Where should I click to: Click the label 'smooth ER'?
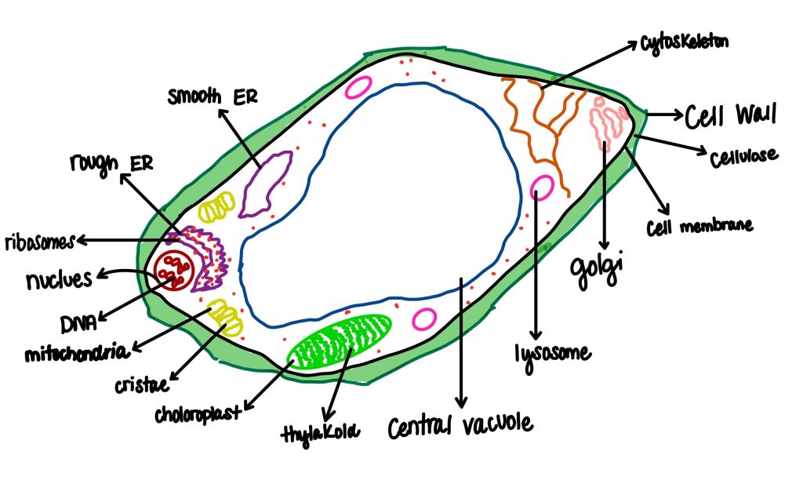coord(213,96)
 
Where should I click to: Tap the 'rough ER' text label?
coord(111,164)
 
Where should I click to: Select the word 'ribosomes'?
coord(39,242)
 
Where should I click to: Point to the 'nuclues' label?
coord(59,280)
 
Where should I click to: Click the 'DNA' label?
coord(78,324)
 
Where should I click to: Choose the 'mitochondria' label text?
coord(76,353)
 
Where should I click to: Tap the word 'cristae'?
coord(141,384)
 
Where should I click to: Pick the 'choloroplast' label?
coord(197,414)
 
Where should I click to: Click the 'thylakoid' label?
coord(320,433)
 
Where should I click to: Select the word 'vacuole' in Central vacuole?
coord(497,424)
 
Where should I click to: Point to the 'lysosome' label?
coord(552,355)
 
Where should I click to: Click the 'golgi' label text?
coord(596,268)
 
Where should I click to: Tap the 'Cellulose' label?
coord(743,156)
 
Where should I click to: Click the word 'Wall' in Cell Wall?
coord(756,114)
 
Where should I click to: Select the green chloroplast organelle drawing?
coord(340,342)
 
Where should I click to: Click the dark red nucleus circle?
coord(173,271)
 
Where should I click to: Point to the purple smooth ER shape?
coord(265,184)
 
